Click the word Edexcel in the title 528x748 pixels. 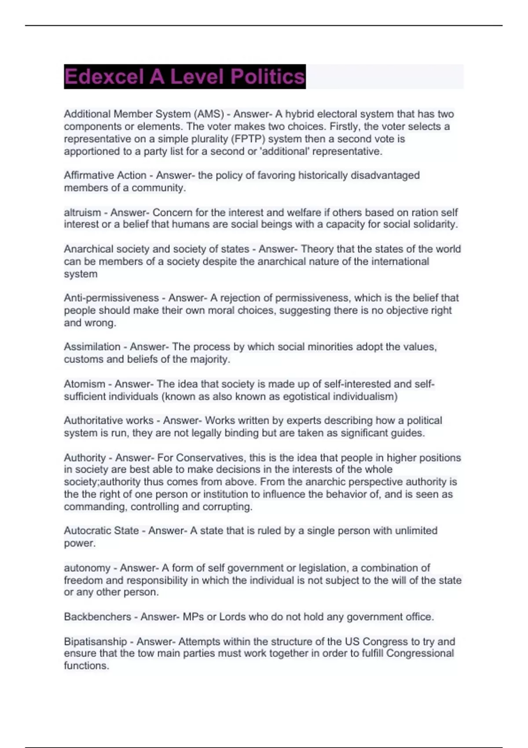[104, 77]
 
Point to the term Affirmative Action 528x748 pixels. [105, 175]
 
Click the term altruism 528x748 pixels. [82, 213]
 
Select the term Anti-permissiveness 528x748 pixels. [111, 298]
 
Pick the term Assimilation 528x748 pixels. [92, 347]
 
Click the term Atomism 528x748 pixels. [84, 384]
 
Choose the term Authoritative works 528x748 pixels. [109, 421]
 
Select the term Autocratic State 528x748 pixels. [101, 531]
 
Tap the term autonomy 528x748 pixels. [86, 568]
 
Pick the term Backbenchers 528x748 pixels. [97, 617]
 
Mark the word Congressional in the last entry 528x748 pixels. [420, 653]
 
